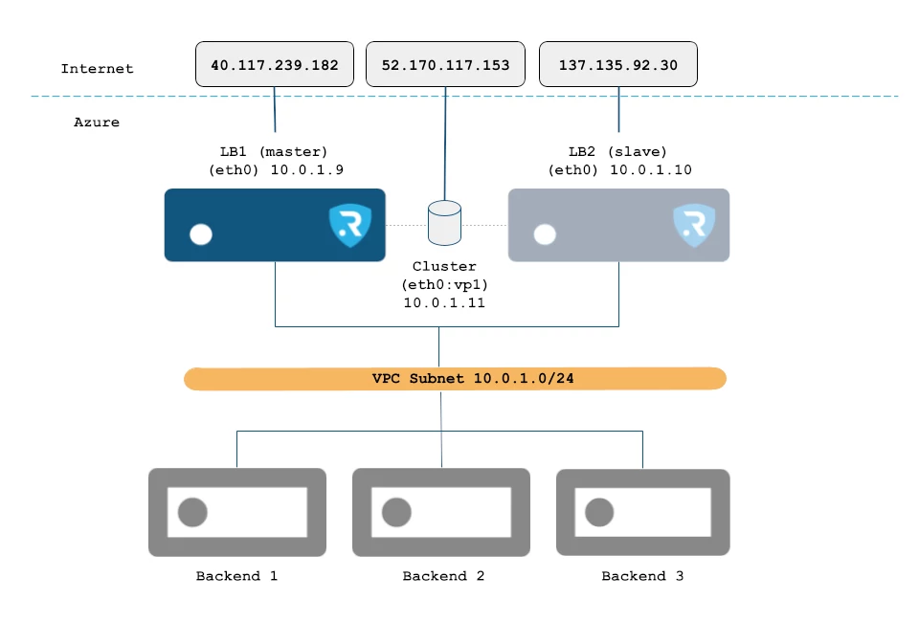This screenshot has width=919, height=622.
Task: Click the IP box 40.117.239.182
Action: pos(275,64)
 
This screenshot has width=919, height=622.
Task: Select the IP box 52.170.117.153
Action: pos(445,64)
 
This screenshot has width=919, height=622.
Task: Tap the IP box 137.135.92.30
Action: pos(618,64)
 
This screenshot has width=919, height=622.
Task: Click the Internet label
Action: pos(98,69)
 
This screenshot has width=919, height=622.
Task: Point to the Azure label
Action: pos(97,122)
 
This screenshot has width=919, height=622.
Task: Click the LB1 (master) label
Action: pos(274,152)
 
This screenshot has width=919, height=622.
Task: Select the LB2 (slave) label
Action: pos(617,152)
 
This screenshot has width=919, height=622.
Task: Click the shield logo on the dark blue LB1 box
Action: pos(350,225)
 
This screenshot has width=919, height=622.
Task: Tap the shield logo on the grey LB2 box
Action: pos(694,225)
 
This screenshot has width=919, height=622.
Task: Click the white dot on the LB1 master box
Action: pos(201,234)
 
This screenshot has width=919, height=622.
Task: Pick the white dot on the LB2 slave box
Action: pos(545,234)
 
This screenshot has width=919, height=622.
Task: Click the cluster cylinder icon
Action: pos(444,223)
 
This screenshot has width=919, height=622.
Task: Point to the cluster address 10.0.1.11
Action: pos(444,302)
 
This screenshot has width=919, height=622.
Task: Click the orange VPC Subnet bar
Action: pos(456,378)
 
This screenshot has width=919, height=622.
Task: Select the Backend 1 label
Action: pos(236,576)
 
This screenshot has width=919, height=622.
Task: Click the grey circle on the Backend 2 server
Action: pos(396,513)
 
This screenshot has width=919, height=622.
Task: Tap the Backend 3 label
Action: pos(642,576)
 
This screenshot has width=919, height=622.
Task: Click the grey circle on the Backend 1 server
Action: pos(192,513)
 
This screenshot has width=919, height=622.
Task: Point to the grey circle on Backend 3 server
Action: pos(599,513)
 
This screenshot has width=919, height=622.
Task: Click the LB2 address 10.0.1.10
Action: pos(651,169)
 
